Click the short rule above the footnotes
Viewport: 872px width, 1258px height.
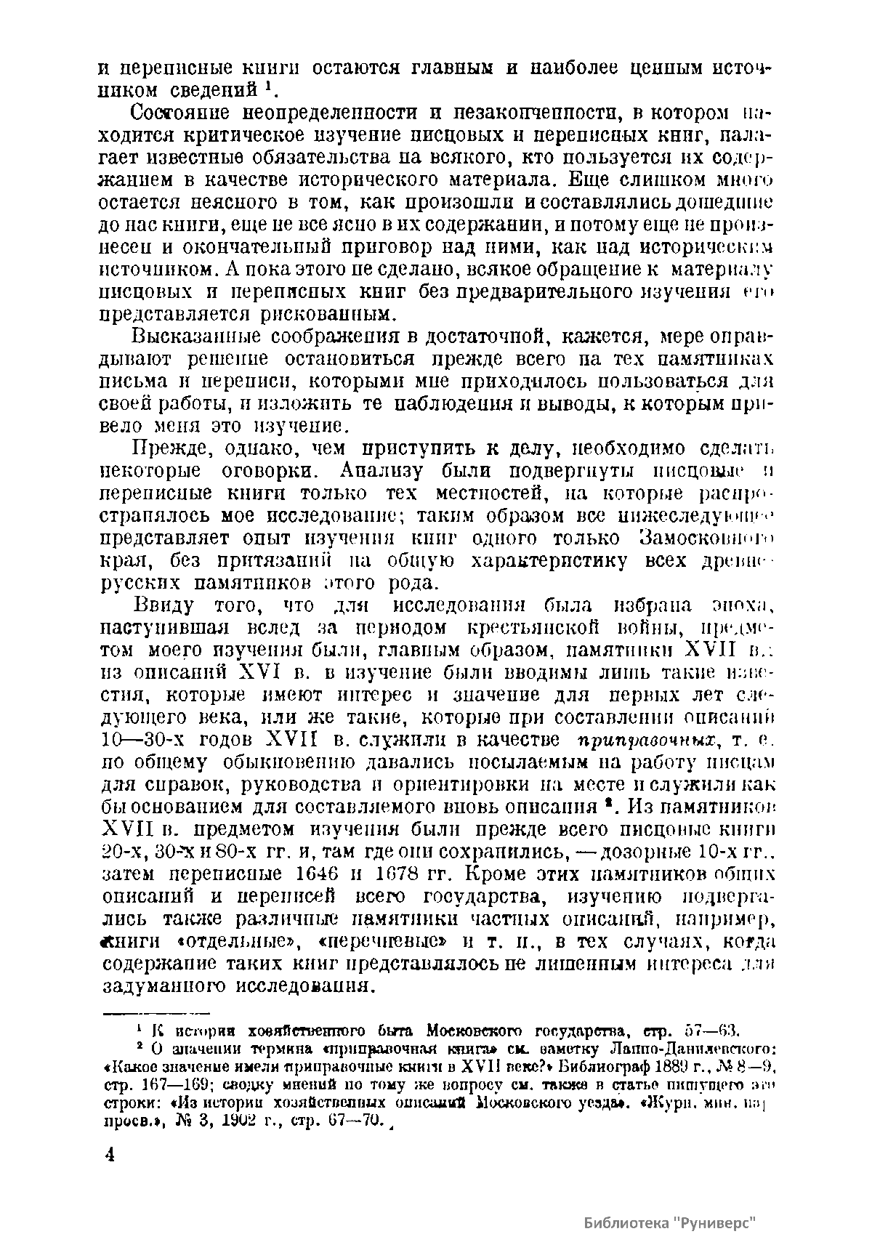tap(155, 1012)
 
